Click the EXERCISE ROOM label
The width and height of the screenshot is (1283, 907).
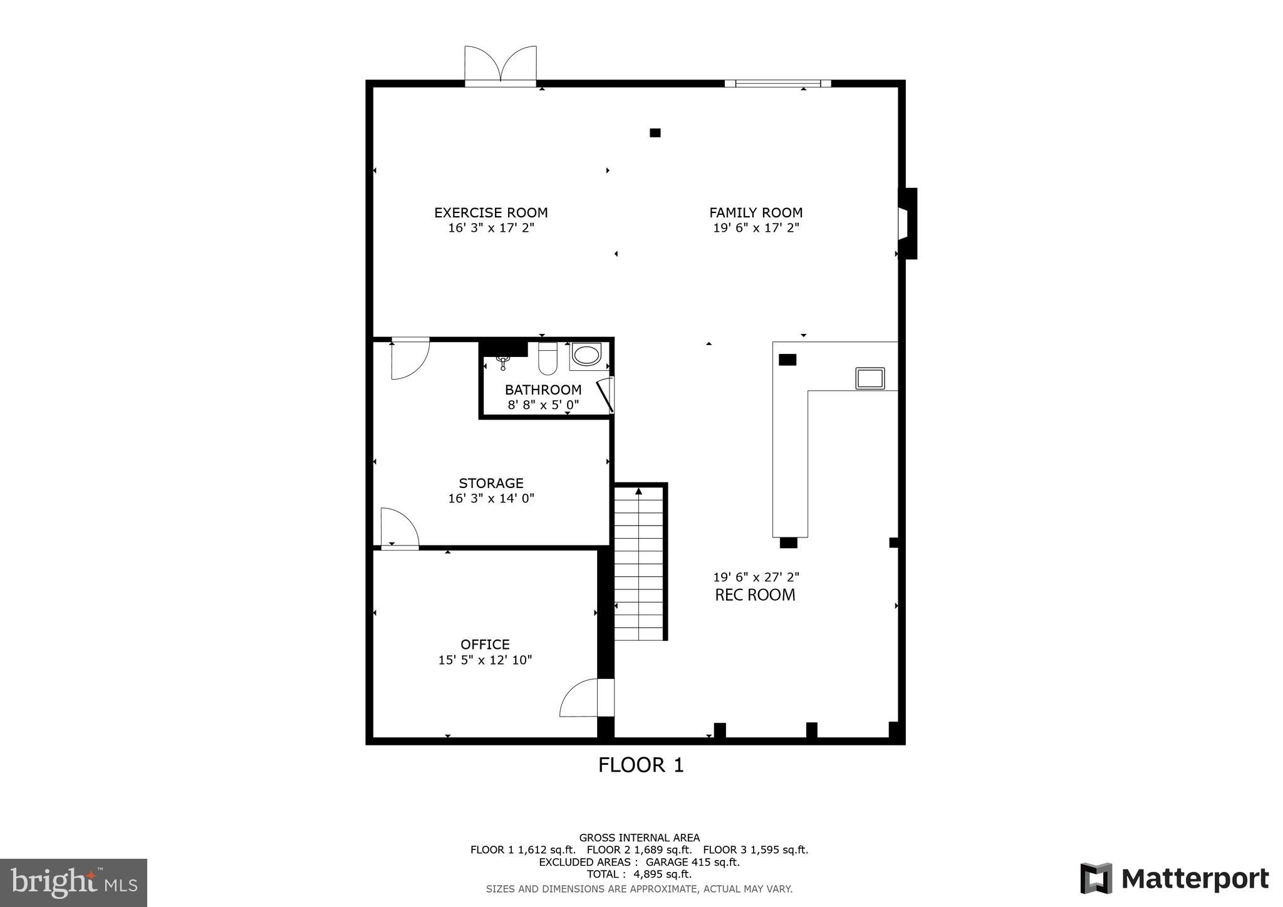(x=491, y=212)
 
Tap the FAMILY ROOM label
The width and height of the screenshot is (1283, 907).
(x=756, y=212)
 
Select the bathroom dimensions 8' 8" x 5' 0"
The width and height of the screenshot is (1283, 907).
(x=543, y=405)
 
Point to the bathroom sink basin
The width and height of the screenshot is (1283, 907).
(x=586, y=355)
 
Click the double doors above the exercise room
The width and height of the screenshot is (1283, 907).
(x=500, y=65)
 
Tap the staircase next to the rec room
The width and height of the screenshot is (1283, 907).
(x=638, y=564)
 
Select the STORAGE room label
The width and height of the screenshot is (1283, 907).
(x=491, y=483)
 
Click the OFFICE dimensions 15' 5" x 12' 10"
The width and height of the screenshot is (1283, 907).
(x=485, y=660)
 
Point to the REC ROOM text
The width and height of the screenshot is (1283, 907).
(x=755, y=594)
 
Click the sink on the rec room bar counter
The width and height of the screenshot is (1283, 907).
(x=870, y=378)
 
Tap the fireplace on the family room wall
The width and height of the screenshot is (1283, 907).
(x=906, y=224)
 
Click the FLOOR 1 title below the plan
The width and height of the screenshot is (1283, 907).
(x=640, y=765)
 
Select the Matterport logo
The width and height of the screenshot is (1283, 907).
(x=1174, y=879)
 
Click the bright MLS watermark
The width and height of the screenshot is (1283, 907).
(x=73, y=883)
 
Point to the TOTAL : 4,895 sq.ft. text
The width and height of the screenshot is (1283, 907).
(x=639, y=874)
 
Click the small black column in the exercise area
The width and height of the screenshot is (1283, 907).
(x=655, y=133)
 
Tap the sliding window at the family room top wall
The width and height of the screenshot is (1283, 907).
(x=777, y=83)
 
